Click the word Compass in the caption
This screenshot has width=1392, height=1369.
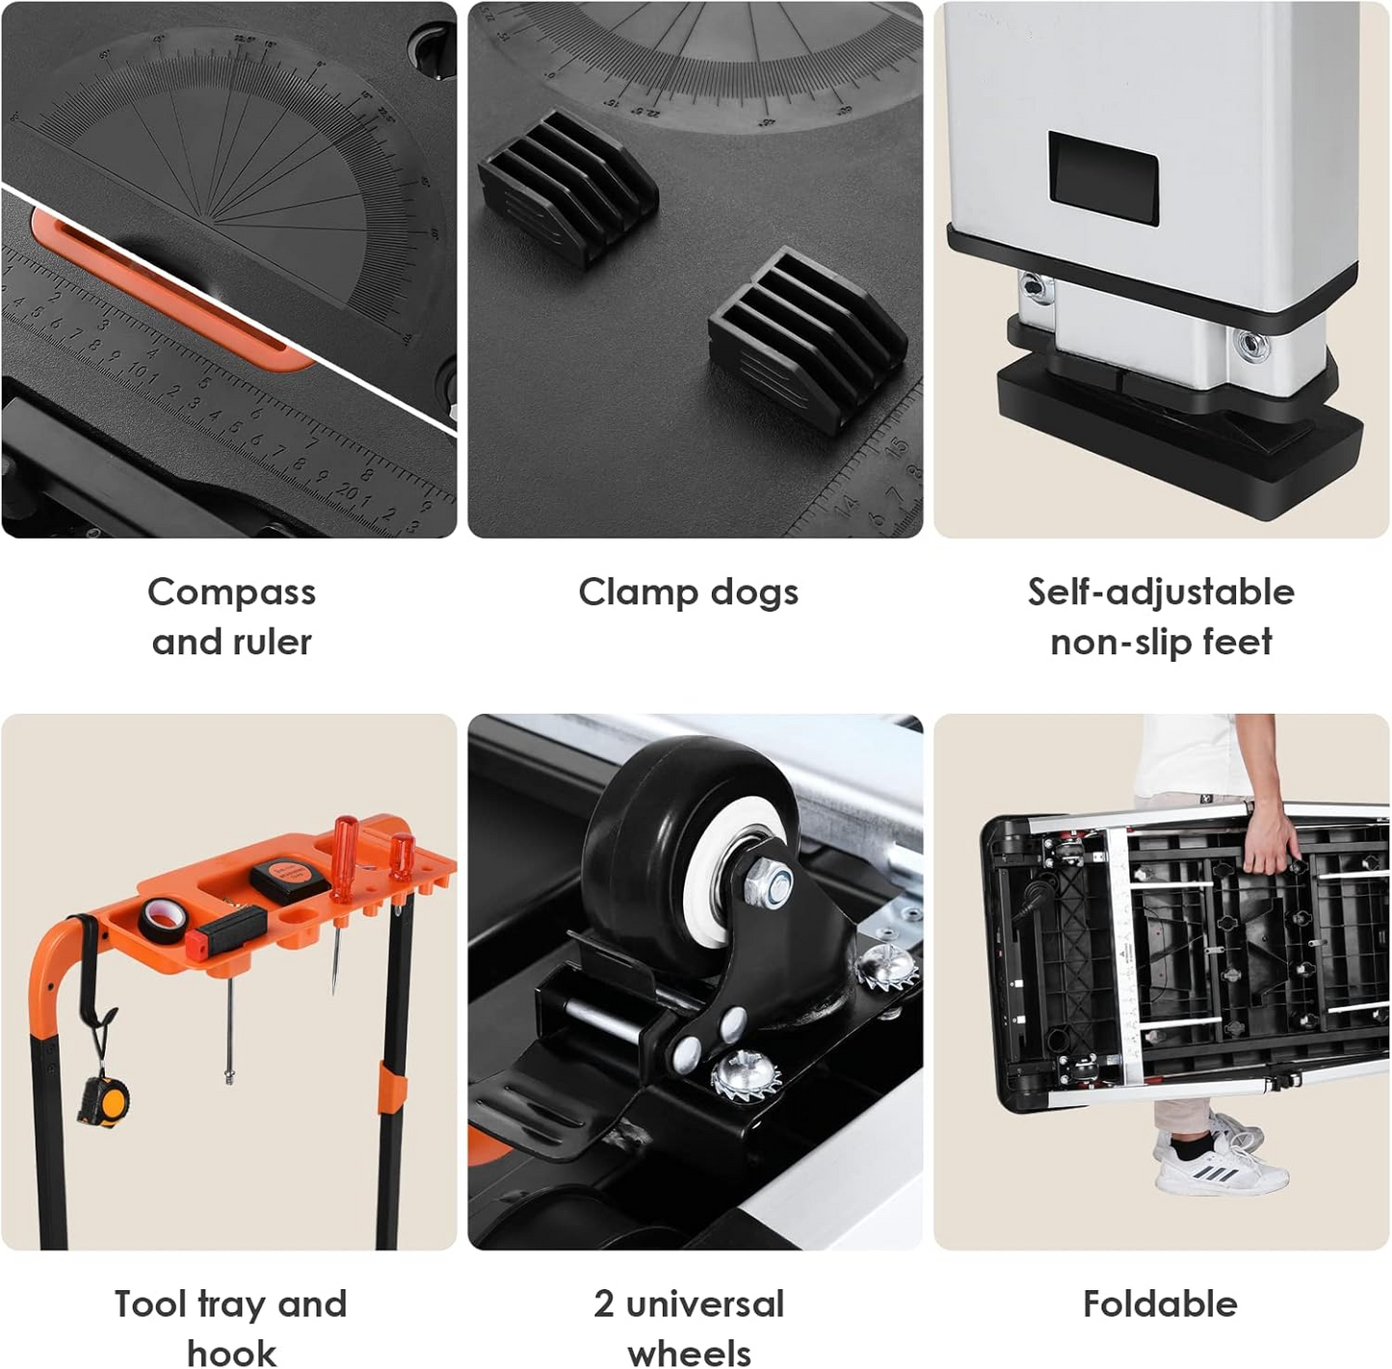(x=231, y=592)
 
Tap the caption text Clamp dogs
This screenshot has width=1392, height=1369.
(x=688, y=592)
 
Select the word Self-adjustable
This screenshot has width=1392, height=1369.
(x=1161, y=592)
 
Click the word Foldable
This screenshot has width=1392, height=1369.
(x=1160, y=1303)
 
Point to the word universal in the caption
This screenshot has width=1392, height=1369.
(x=705, y=1303)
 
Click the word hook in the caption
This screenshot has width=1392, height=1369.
(x=231, y=1352)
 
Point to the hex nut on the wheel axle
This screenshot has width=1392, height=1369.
(x=769, y=884)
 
